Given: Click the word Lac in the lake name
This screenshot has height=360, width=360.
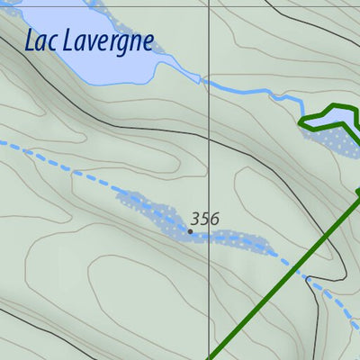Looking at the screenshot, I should point(41,40).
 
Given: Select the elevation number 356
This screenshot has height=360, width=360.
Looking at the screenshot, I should point(204,218).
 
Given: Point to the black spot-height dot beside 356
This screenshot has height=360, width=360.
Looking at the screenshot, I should point(190,231).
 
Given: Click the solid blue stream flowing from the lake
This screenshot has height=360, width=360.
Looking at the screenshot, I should point(252,90).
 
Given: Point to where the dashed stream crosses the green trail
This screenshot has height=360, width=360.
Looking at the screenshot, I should point(294,266).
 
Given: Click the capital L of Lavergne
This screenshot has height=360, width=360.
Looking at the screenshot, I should point(67,40).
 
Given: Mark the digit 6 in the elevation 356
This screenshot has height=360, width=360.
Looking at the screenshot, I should point(214,218).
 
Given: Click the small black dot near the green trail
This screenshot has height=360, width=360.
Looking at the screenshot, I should point(308,279).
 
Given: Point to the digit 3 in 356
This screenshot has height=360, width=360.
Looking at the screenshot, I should point(194,218).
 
